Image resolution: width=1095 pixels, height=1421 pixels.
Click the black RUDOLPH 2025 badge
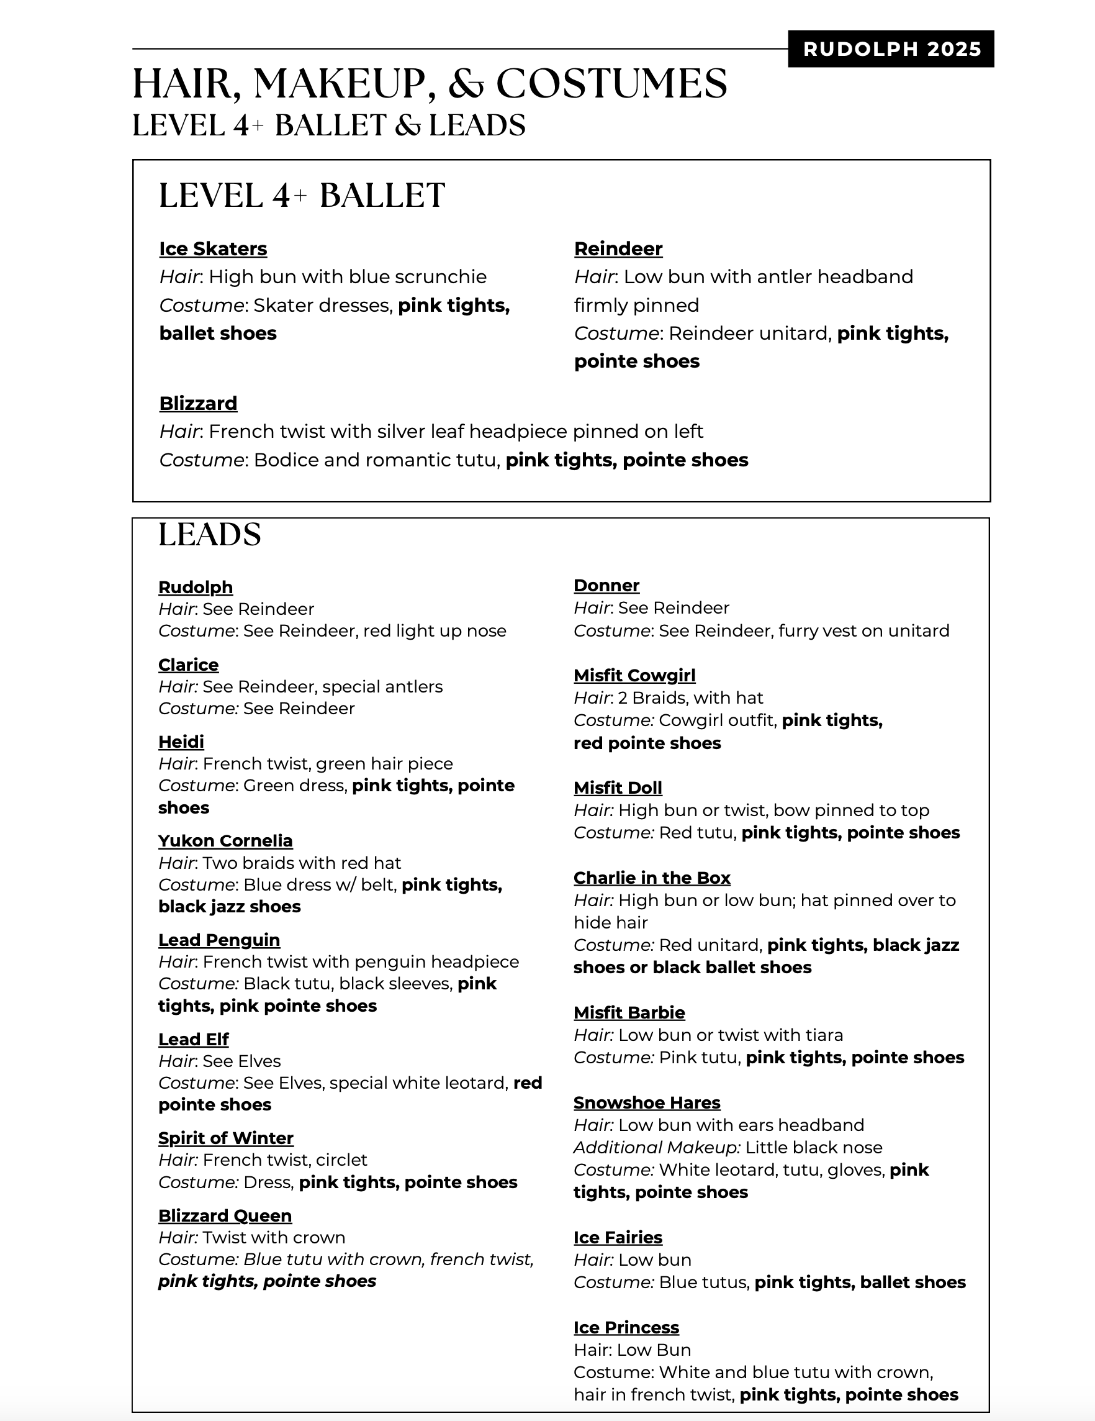[x=891, y=49]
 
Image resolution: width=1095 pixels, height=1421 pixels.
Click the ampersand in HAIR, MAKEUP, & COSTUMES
[x=466, y=84]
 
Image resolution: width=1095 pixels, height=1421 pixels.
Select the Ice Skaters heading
[x=213, y=248]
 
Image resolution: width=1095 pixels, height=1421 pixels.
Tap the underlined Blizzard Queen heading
[x=225, y=1215]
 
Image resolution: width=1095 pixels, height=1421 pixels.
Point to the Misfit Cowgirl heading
[x=634, y=675]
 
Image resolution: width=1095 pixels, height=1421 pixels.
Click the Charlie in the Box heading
[x=652, y=878]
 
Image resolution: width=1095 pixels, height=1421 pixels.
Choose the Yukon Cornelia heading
[x=225, y=841]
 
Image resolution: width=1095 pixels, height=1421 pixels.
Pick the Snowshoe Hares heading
[x=646, y=1103]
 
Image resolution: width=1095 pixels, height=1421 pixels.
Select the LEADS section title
[x=209, y=535]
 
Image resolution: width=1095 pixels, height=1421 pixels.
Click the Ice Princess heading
[x=626, y=1327]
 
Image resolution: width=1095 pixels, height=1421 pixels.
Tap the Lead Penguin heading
[x=219, y=940]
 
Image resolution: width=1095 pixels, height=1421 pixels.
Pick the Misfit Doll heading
[x=618, y=788]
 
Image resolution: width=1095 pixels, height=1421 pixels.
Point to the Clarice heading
[x=189, y=665]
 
